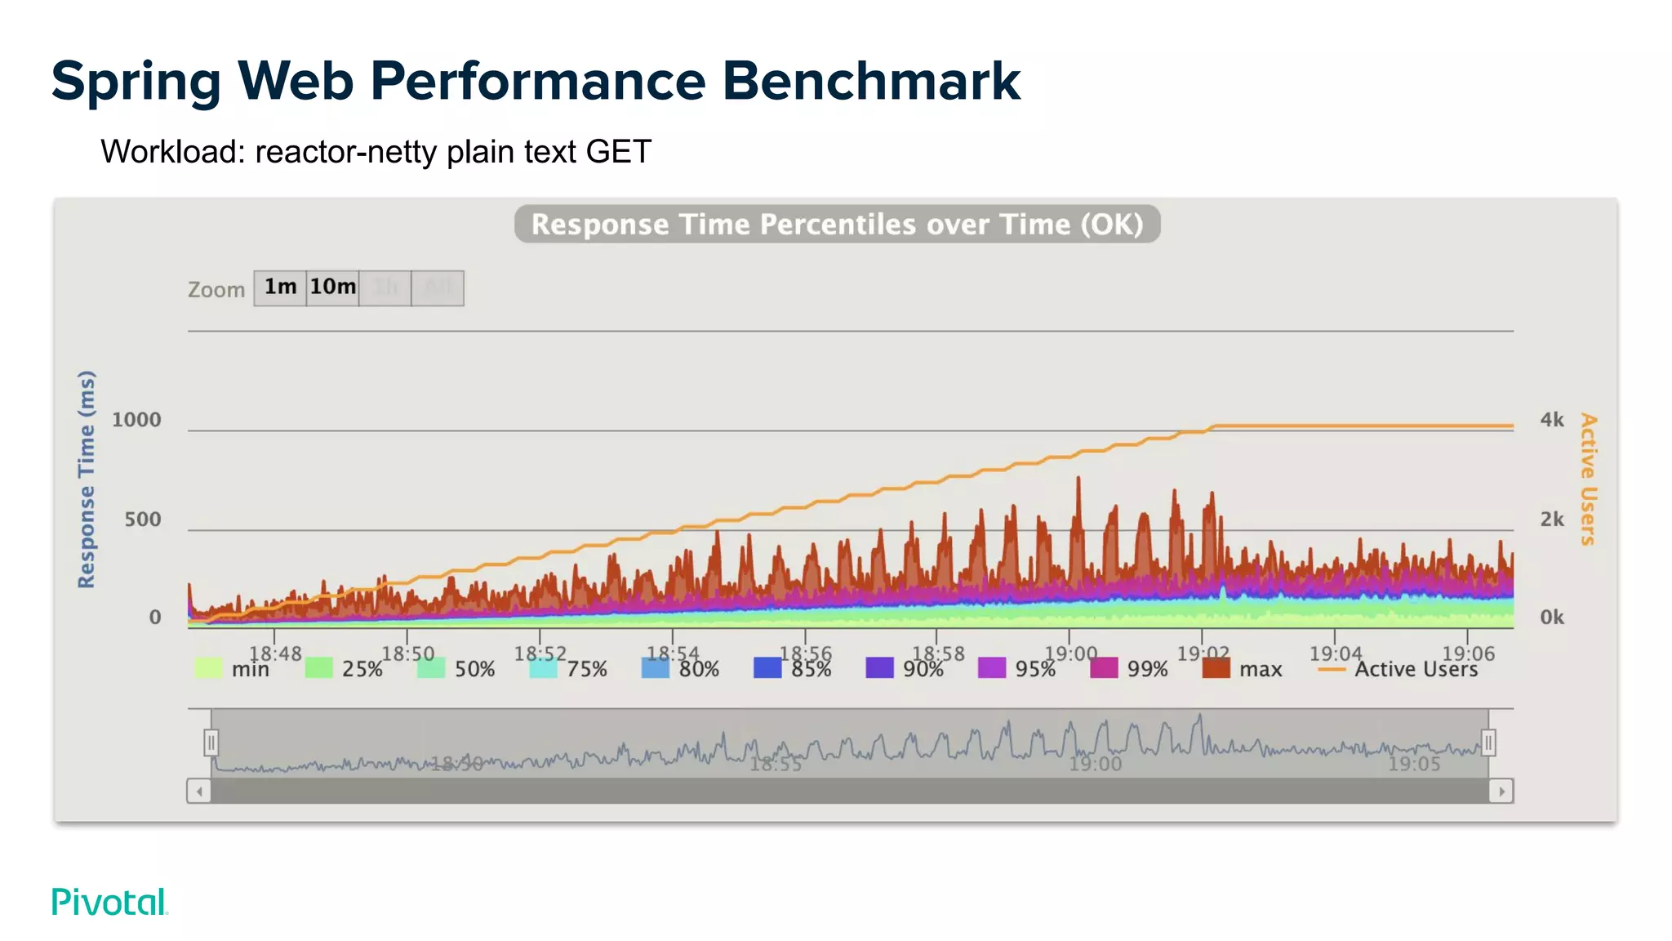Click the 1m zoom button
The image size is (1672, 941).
click(x=280, y=288)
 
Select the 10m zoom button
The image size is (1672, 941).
click(x=332, y=288)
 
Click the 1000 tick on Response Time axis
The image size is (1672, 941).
click(x=136, y=420)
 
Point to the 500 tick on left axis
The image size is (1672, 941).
click(x=142, y=520)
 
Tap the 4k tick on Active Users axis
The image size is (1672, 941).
click(x=1551, y=420)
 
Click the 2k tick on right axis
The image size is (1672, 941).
click(x=1551, y=520)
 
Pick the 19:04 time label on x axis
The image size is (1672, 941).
click(x=1335, y=653)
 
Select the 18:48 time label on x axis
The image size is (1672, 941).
click(x=275, y=653)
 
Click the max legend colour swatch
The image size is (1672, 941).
click(x=1216, y=668)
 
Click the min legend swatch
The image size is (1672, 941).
click(x=208, y=668)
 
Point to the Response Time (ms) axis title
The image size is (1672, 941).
click(x=87, y=479)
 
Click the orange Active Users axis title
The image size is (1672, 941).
click(x=1587, y=479)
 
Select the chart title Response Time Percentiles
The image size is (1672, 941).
click(x=837, y=224)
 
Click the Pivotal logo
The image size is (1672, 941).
click(x=109, y=902)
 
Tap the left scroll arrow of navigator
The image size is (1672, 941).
click(x=199, y=791)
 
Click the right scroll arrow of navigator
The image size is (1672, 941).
click(x=1501, y=791)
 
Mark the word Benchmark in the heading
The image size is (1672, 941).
click(x=870, y=81)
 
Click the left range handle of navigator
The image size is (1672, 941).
click(x=211, y=743)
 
